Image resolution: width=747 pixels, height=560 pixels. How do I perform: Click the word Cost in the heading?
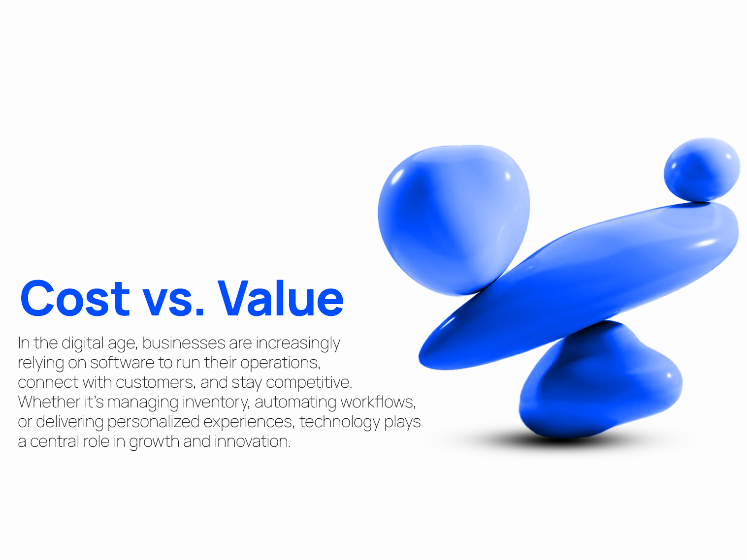pyautogui.click(x=75, y=298)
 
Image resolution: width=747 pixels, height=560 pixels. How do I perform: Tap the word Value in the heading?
pyautogui.click(x=280, y=298)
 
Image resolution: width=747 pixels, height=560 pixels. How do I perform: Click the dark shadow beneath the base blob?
pyautogui.click(x=566, y=440)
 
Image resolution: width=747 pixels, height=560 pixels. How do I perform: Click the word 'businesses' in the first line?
pyautogui.click(x=184, y=343)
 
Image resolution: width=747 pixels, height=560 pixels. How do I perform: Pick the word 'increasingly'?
pyautogui.click(x=298, y=343)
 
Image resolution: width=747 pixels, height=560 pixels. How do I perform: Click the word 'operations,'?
pyautogui.click(x=280, y=363)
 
